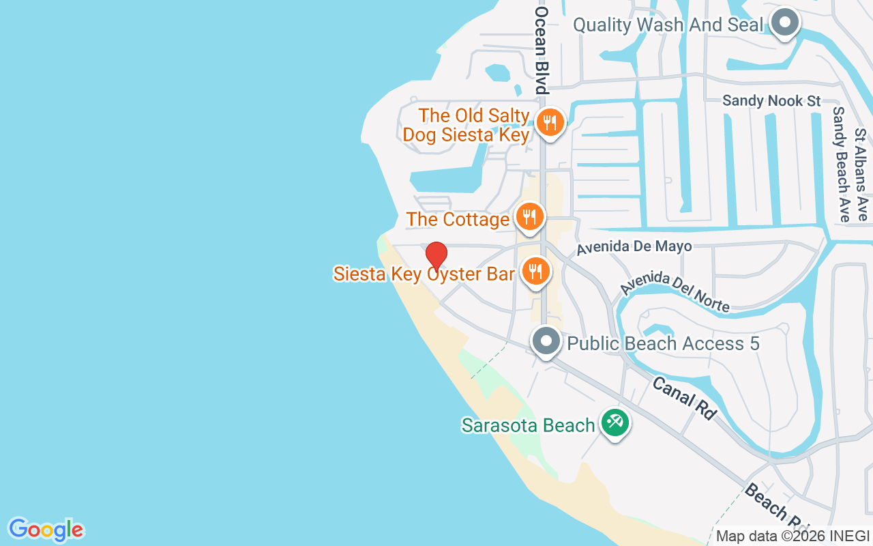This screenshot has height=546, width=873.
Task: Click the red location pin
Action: [x=436, y=255]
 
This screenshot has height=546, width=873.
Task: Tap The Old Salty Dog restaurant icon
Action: [x=548, y=123]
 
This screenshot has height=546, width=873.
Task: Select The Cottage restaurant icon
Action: [x=529, y=217]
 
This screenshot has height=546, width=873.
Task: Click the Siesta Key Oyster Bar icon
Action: [x=536, y=272]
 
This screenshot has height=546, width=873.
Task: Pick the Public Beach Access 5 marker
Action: [x=546, y=341]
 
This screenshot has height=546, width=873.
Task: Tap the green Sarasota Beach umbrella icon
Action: [x=615, y=422]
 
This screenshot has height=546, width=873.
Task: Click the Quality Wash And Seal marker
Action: [x=784, y=23]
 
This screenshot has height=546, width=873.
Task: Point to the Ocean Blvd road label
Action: [x=542, y=51]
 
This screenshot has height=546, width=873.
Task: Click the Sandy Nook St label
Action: [x=771, y=101]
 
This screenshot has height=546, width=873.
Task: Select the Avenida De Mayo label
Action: [x=634, y=246]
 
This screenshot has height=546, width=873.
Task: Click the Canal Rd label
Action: [x=685, y=397]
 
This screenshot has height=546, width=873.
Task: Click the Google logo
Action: [x=46, y=530]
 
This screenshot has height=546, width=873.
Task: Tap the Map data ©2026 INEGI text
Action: [x=793, y=536]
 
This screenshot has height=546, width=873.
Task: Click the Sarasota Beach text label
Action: [x=528, y=425]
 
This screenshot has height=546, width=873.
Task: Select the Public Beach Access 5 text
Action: [x=663, y=343]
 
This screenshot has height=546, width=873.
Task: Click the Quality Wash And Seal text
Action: [x=668, y=25]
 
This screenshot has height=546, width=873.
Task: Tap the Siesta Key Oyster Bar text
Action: [x=424, y=274]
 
